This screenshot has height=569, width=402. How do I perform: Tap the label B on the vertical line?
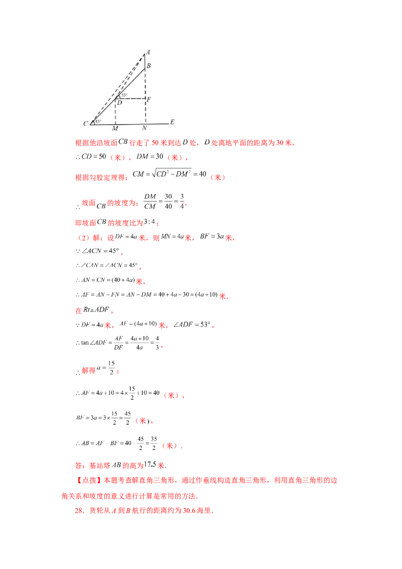click(x=149, y=66)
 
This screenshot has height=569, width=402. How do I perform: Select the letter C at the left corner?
click(x=85, y=123)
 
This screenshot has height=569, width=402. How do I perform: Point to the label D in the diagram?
click(x=119, y=103)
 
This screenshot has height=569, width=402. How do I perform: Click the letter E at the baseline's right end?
click(x=172, y=122)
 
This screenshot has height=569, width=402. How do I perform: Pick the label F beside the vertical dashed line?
click(x=149, y=100)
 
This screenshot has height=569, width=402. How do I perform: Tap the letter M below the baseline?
click(x=115, y=129)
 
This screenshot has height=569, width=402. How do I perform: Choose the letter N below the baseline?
click(x=144, y=129)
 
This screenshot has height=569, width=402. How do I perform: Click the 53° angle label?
click(x=125, y=95)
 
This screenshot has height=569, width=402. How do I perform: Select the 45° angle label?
click(x=98, y=121)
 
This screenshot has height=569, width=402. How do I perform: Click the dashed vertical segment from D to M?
click(x=116, y=112)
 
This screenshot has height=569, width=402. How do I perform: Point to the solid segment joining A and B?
click(x=145, y=60)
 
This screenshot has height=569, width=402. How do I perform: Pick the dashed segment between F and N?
click(x=145, y=112)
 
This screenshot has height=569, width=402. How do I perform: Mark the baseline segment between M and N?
click(x=130, y=124)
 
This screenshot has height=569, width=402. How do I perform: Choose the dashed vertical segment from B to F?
click(x=145, y=83)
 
